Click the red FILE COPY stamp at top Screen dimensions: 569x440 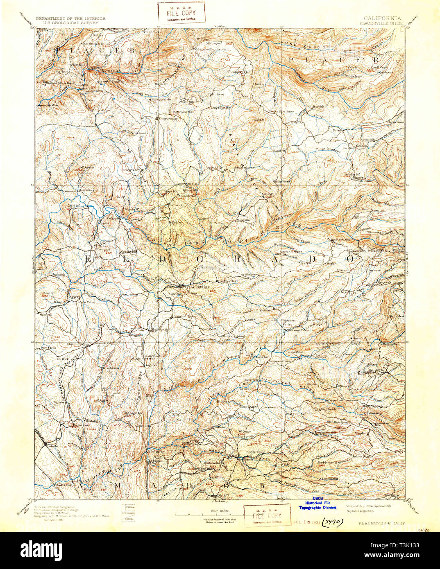tap(181, 12)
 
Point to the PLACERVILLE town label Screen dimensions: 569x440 tap(198, 288)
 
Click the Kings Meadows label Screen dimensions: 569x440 tap(328, 150)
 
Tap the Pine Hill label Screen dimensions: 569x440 tap(48, 293)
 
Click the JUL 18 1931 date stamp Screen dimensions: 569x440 tap(306, 522)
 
